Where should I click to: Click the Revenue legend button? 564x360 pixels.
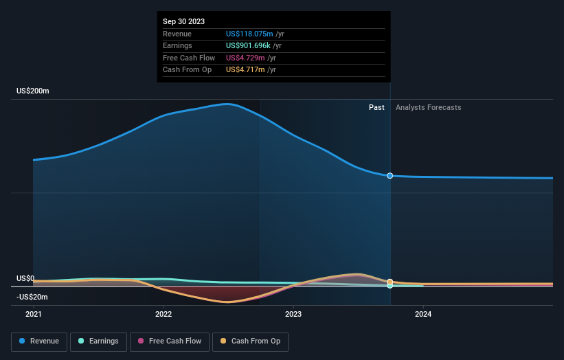click(x=39, y=341)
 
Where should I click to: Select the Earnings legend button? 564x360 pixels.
click(x=98, y=341)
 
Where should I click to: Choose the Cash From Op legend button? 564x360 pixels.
click(x=251, y=341)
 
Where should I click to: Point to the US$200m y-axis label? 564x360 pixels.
click(x=33, y=91)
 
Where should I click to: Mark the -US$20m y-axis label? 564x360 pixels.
click(x=33, y=297)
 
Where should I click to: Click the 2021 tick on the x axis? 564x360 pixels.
click(x=33, y=314)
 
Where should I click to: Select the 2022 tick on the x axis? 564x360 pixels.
click(x=163, y=314)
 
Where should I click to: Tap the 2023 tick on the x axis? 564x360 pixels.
click(x=293, y=314)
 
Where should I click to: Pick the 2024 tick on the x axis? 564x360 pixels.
click(x=423, y=314)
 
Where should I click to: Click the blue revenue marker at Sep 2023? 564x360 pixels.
click(x=390, y=176)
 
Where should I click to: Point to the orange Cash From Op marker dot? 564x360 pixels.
click(x=390, y=282)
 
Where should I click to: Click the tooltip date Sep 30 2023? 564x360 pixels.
click(x=183, y=22)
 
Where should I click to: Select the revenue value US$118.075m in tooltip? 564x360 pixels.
click(x=249, y=34)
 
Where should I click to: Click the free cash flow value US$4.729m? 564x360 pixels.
click(x=247, y=58)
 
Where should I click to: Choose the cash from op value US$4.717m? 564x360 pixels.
click(x=247, y=69)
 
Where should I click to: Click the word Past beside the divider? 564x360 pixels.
click(x=376, y=107)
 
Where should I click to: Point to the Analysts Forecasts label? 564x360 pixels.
click(x=429, y=107)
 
